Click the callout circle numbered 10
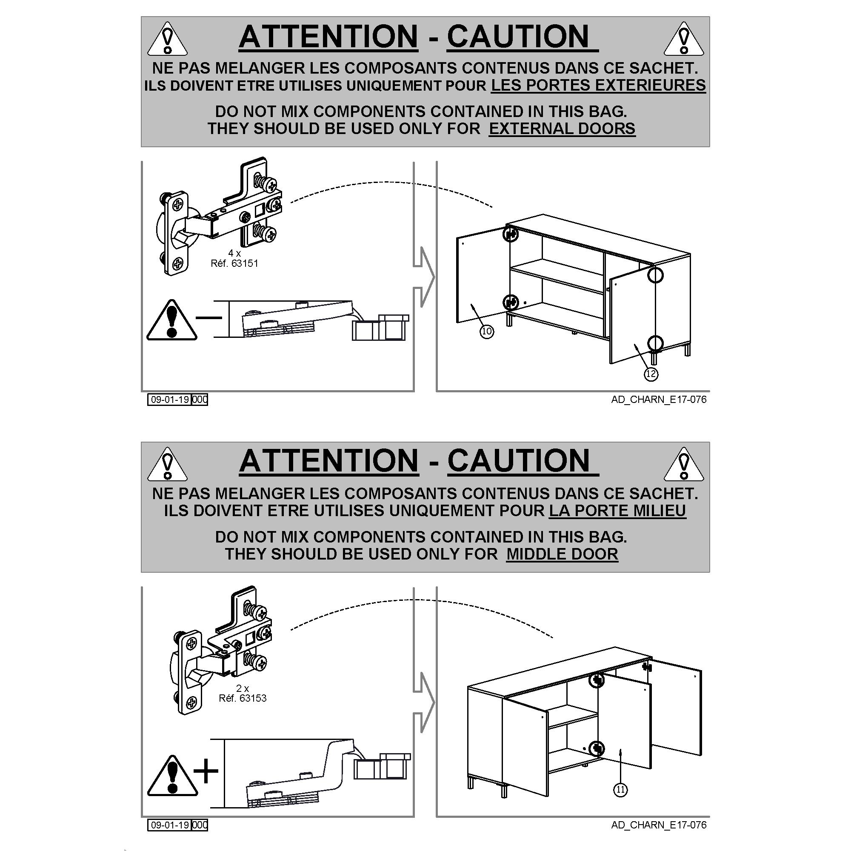(x=486, y=331)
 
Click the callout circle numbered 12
(x=651, y=374)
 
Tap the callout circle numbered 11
(x=620, y=802)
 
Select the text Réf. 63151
(x=234, y=263)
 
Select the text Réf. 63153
(x=243, y=698)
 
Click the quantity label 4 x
(x=234, y=253)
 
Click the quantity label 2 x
(x=243, y=688)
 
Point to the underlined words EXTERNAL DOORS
(x=562, y=129)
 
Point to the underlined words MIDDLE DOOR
(x=562, y=554)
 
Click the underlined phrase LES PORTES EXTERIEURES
(x=598, y=86)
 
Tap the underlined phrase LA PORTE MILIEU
(x=617, y=511)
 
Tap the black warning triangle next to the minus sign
(x=172, y=320)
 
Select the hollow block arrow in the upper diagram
(x=424, y=277)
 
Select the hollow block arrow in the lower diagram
(x=424, y=703)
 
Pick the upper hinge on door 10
(x=511, y=234)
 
